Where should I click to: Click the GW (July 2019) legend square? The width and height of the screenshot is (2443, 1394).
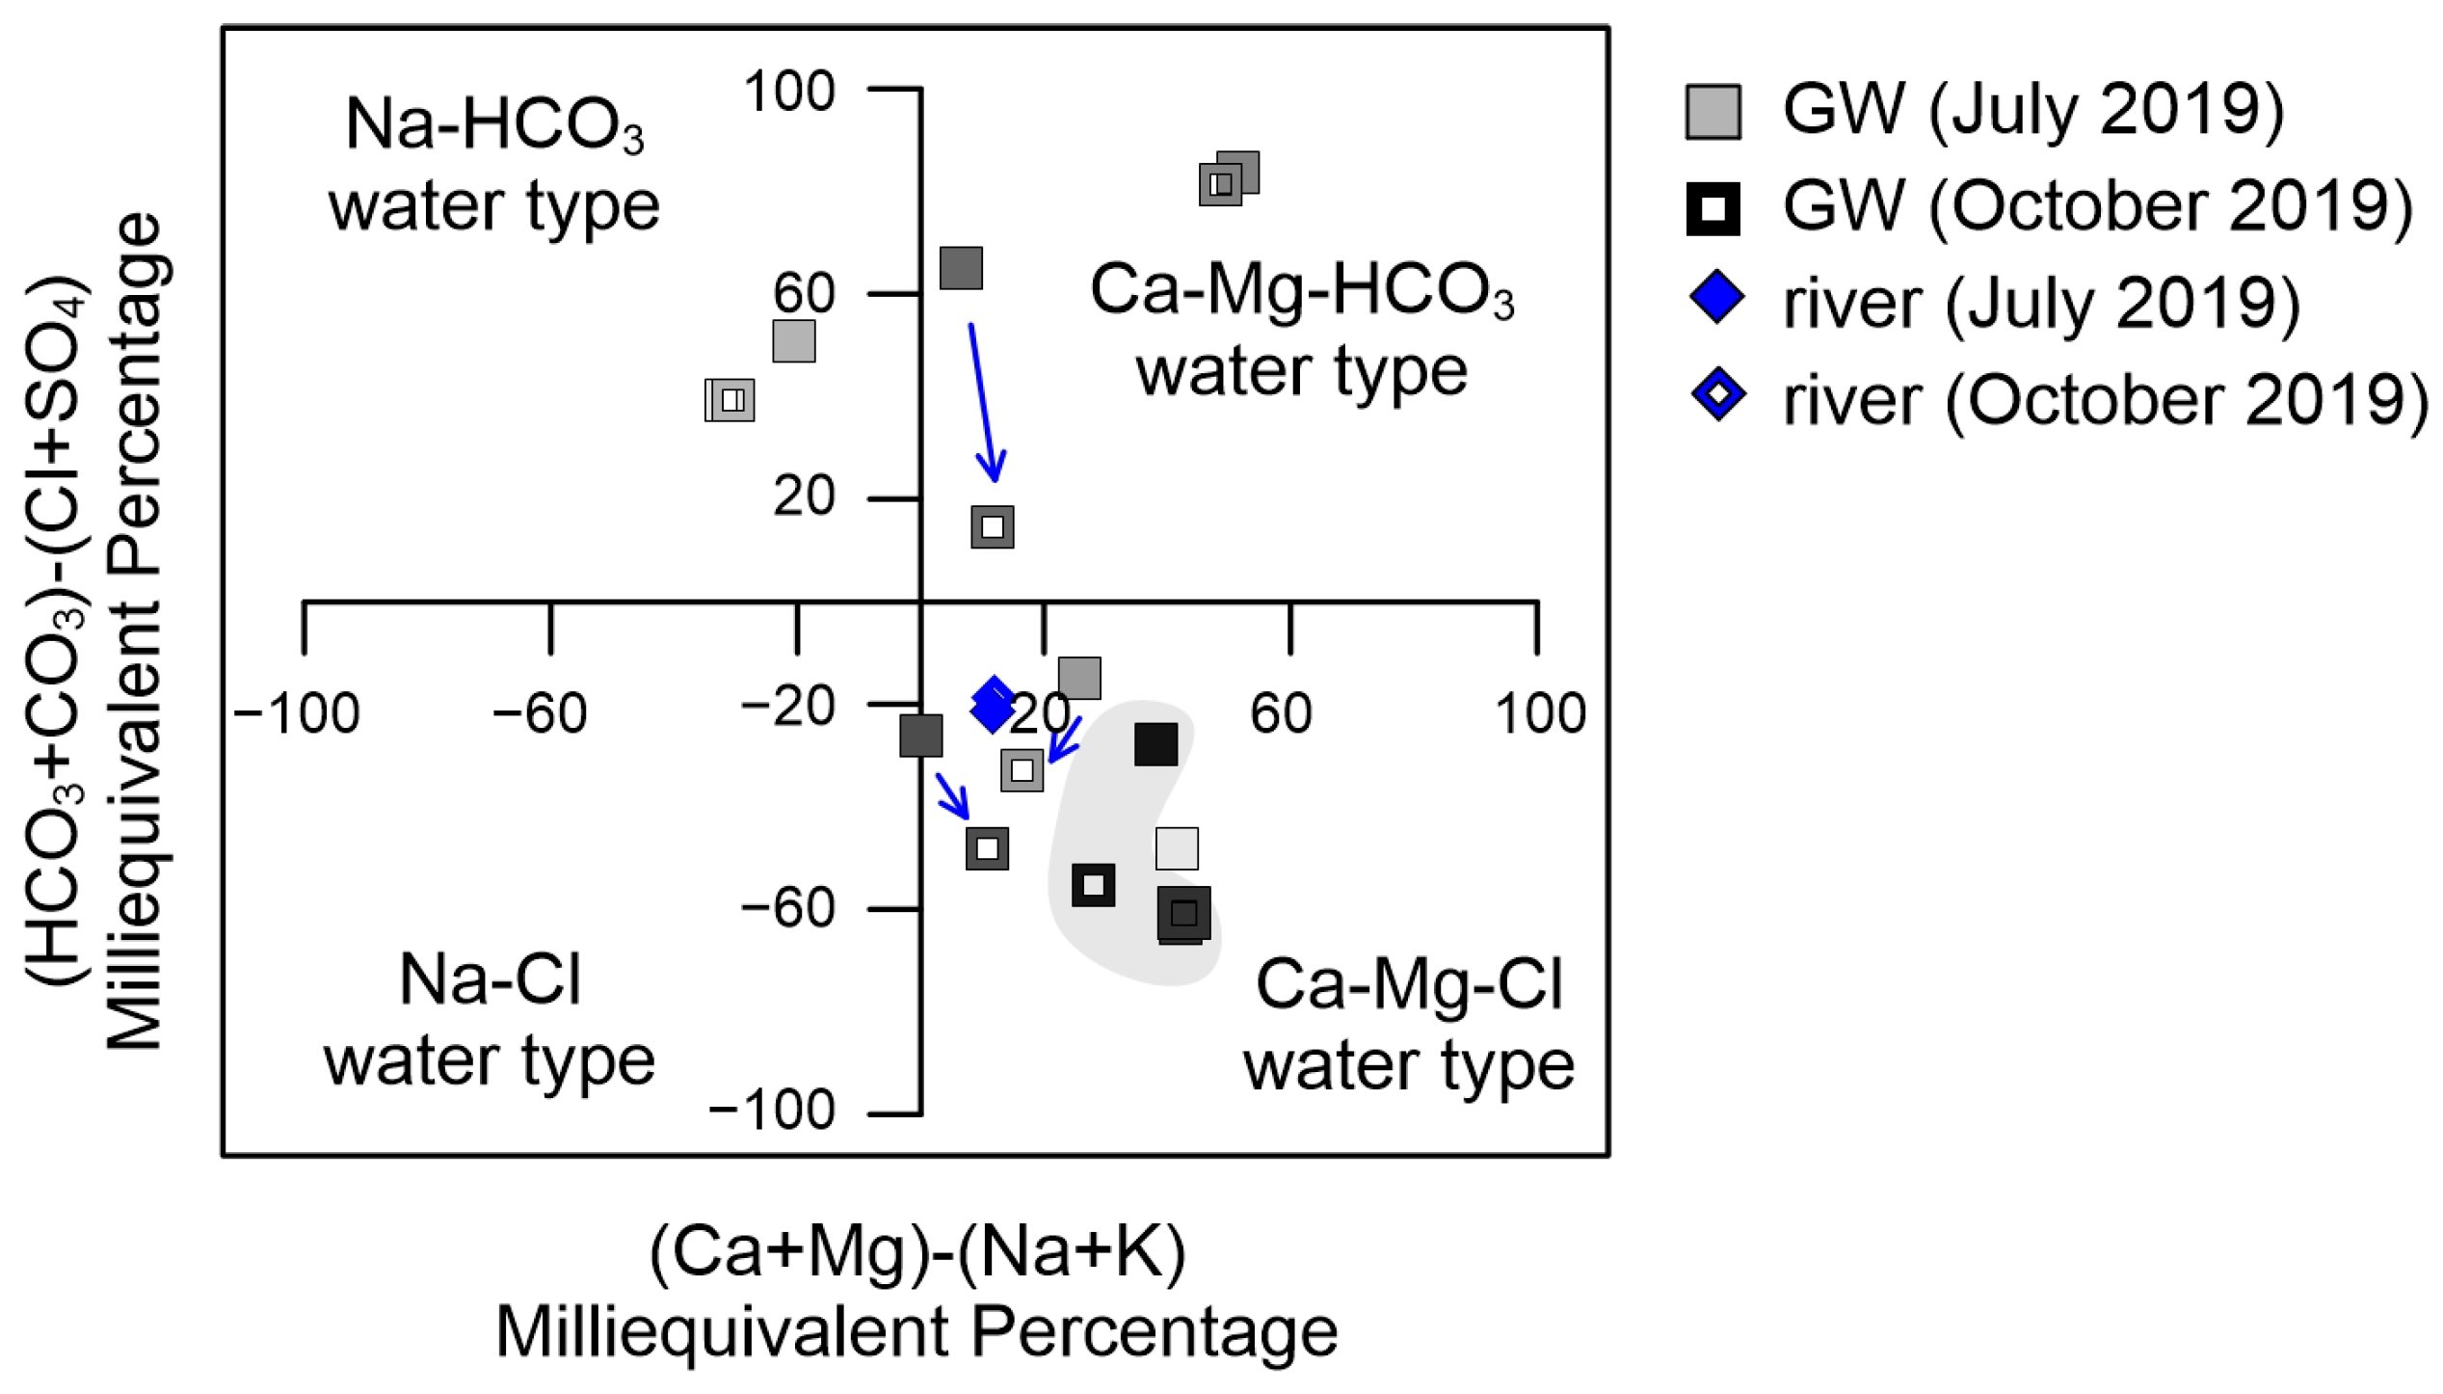(1713, 112)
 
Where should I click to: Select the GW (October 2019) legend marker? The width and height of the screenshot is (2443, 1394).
(1713, 207)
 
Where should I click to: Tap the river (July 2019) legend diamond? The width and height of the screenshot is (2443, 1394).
(1717, 298)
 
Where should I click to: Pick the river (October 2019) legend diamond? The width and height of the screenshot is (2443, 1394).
(1718, 393)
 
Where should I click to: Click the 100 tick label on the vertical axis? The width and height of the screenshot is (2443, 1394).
(788, 93)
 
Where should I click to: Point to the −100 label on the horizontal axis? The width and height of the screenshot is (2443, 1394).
(297, 714)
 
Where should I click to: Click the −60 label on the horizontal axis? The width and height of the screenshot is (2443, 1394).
(539, 714)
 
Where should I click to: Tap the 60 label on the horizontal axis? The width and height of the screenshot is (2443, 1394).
(1281, 714)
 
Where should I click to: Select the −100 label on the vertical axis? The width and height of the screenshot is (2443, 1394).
(772, 1110)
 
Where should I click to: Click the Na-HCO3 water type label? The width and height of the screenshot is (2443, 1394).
(494, 165)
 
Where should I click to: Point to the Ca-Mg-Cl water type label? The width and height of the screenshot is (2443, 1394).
(1409, 1025)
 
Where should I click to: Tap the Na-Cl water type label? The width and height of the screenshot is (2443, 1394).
(490, 1020)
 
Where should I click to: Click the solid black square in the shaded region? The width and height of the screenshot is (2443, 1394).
(1155, 744)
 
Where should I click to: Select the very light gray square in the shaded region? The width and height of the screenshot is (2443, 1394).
(1177, 848)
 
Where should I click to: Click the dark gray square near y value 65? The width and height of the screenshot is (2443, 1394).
(961, 268)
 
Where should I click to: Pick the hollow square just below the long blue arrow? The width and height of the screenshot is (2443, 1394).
(993, 527)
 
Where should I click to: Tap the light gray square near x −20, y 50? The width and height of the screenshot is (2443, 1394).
(794, 341)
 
